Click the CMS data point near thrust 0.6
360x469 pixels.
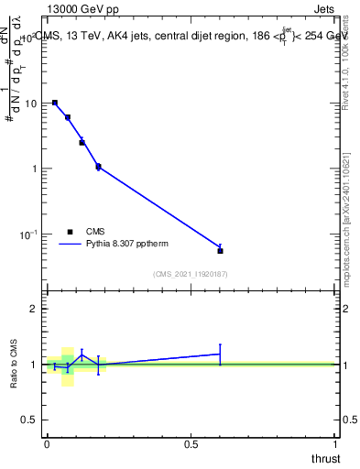220,250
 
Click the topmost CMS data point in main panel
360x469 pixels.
55,103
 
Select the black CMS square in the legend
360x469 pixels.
71,232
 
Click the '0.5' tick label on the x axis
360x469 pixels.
191,444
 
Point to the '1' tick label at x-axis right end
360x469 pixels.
335,444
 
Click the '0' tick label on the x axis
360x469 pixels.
47,444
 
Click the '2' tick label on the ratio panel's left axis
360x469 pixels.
33,309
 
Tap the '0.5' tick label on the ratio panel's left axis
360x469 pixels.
29,420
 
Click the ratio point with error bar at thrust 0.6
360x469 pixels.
220,354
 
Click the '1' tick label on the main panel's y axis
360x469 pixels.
34,169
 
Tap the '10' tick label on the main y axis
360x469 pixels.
30,103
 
